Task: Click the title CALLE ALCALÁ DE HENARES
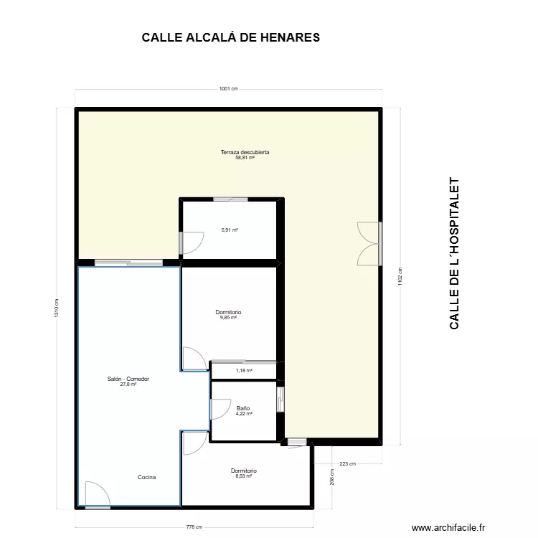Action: pos(230,37)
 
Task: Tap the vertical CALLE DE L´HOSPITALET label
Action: pos(453,254)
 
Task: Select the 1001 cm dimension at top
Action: pos(228,89)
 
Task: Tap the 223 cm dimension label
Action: pos(347,464)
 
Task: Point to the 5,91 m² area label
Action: pos(230,230)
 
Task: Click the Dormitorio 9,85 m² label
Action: pos(228,314)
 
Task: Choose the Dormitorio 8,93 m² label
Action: pos(244,473)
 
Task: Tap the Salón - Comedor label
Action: pos(128,381)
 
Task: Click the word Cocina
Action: pos(147,477)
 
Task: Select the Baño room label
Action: pos(244,410)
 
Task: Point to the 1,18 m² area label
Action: pos(245,371)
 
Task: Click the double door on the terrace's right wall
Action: pos(369,244)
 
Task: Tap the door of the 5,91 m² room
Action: pos(191,244)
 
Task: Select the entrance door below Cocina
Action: pos(96,494)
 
